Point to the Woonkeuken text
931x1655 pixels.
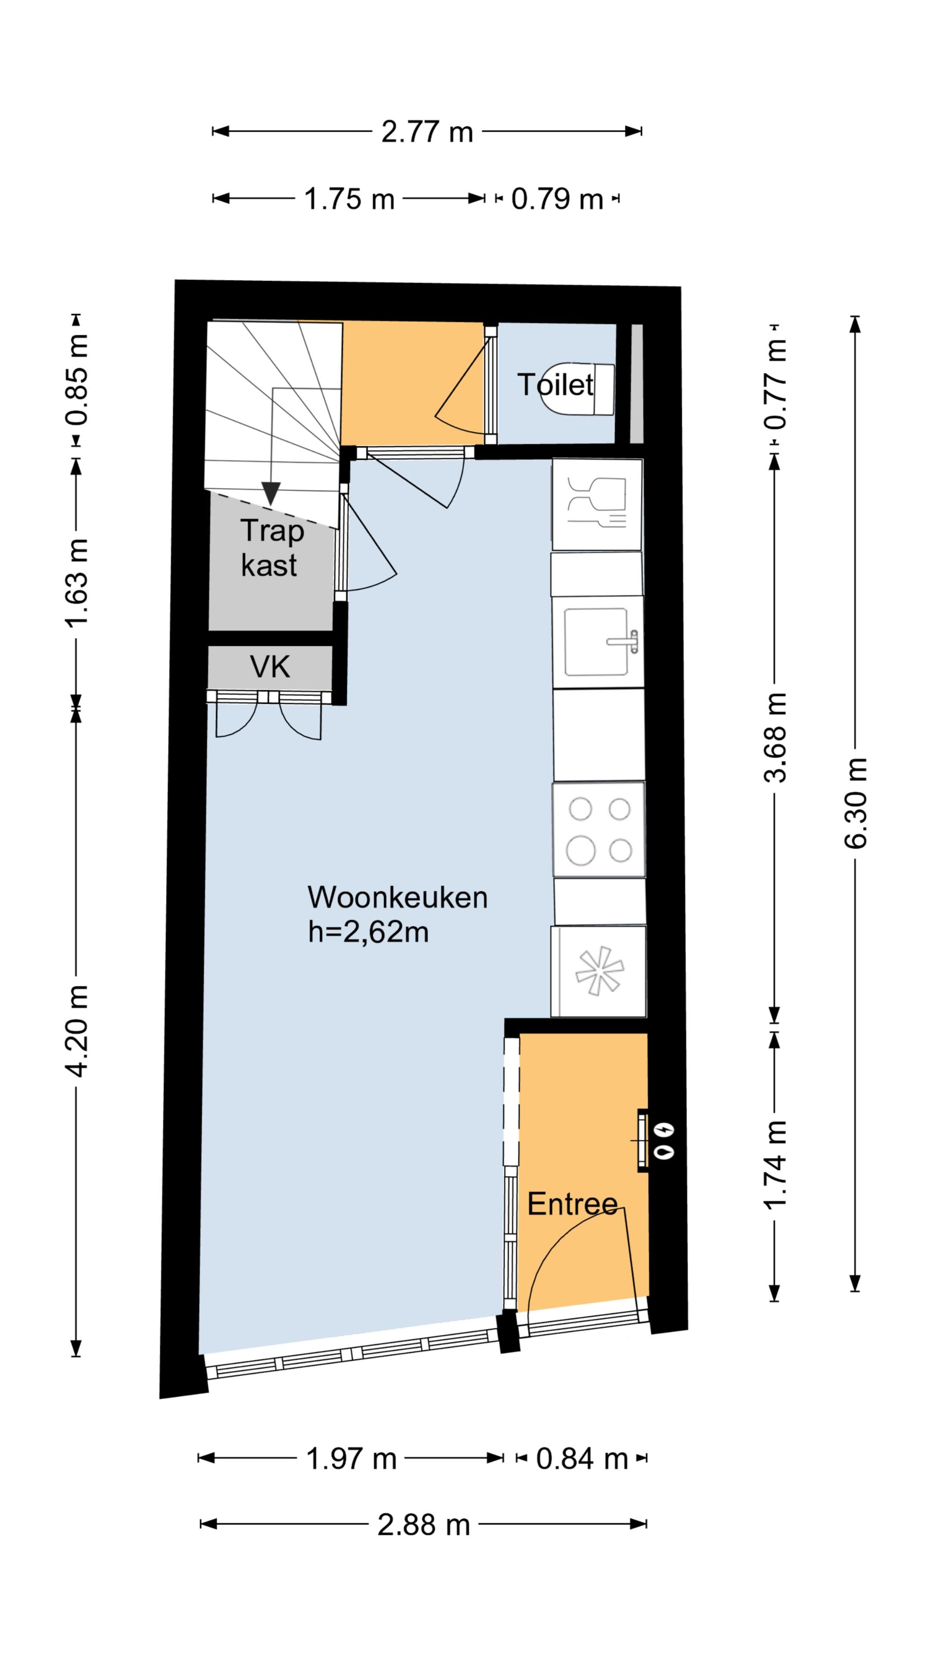pyautogui.click(x=397, y=897)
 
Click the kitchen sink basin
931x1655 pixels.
pyautogui.click(x=596, y=642)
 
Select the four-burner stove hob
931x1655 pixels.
pyautogui.click(x=599, y=829)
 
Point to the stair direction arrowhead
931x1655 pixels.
pyautogui.click(x=271, y=494)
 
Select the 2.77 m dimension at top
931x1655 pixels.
pyautogui.click(x=427, y=132)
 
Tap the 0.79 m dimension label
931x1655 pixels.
pyautogui.click(x=557, y=199)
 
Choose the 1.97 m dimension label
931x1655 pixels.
pyautogui.click(x=351, y=1459)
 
